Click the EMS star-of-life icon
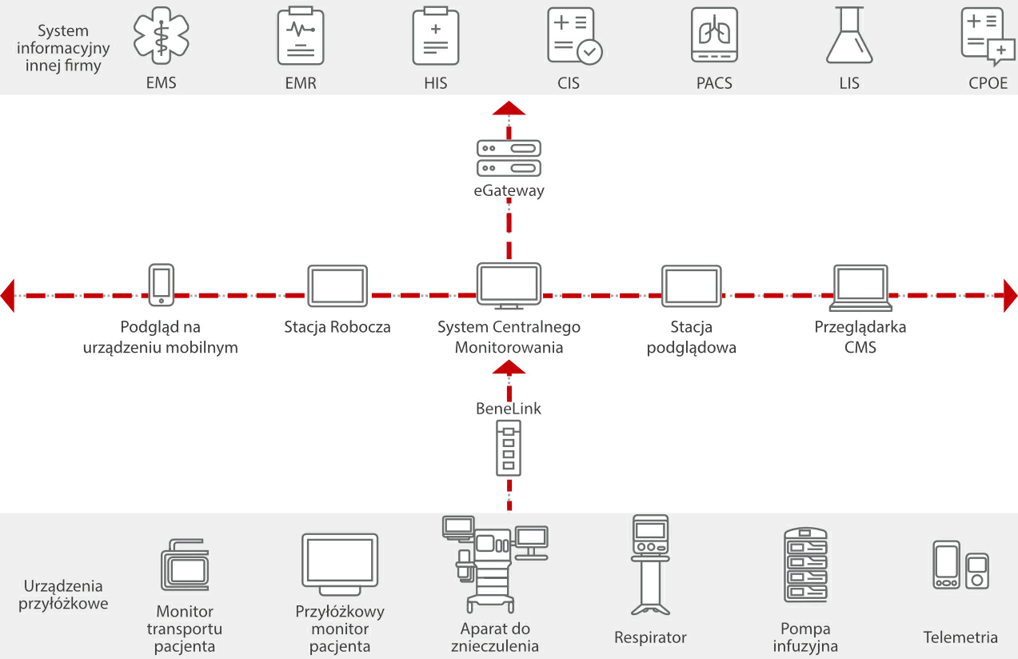click(162, 37)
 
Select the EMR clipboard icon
click(300, 37)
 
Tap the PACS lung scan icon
click(714, 36)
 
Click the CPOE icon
click(987, 37)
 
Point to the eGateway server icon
click(509, 158)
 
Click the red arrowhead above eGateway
click(509, 110)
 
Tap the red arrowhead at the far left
click(8, 295)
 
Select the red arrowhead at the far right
click(1010, 295)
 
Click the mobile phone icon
click(162, 285)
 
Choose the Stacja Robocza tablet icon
click(337, 286)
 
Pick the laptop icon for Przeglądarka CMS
click(860, 288)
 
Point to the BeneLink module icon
click(509, 451)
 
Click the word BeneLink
click(509, 409)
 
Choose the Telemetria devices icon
click(960, 565)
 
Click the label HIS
click(436, 83)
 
